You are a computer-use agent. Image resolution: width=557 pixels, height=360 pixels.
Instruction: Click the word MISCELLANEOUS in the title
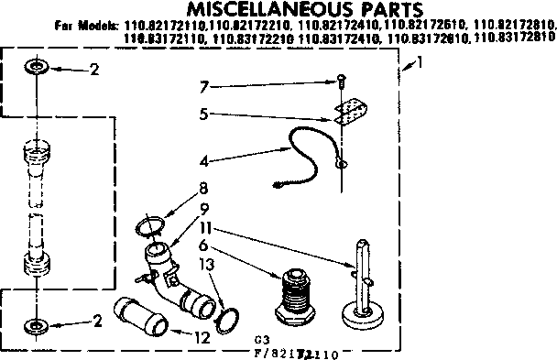[225, 10]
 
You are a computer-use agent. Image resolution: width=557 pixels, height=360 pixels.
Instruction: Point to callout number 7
[206, 87]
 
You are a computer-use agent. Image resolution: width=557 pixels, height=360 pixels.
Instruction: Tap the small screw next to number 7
[341, 81]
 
